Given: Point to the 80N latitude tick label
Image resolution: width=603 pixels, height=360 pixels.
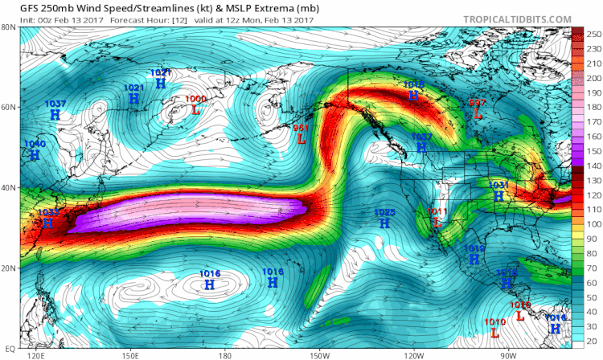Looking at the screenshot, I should tap(10, 27).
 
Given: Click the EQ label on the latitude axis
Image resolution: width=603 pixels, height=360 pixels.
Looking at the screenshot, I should tap(10, 347).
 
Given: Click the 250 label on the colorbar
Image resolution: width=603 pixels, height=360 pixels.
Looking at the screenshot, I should tap(592, 35).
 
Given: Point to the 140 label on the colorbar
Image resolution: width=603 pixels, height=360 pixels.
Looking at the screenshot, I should tap(592, 164).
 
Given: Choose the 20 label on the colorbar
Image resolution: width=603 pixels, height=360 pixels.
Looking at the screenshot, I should tap(592, 341).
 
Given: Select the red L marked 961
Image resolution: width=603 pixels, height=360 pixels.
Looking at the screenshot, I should tap(301, 138).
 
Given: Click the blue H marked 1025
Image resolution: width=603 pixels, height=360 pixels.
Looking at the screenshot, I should tap(385, 223).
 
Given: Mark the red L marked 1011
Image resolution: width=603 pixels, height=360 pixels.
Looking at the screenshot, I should tap(437, 222).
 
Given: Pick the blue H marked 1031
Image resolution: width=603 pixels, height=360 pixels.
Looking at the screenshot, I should tap(498, 195).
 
